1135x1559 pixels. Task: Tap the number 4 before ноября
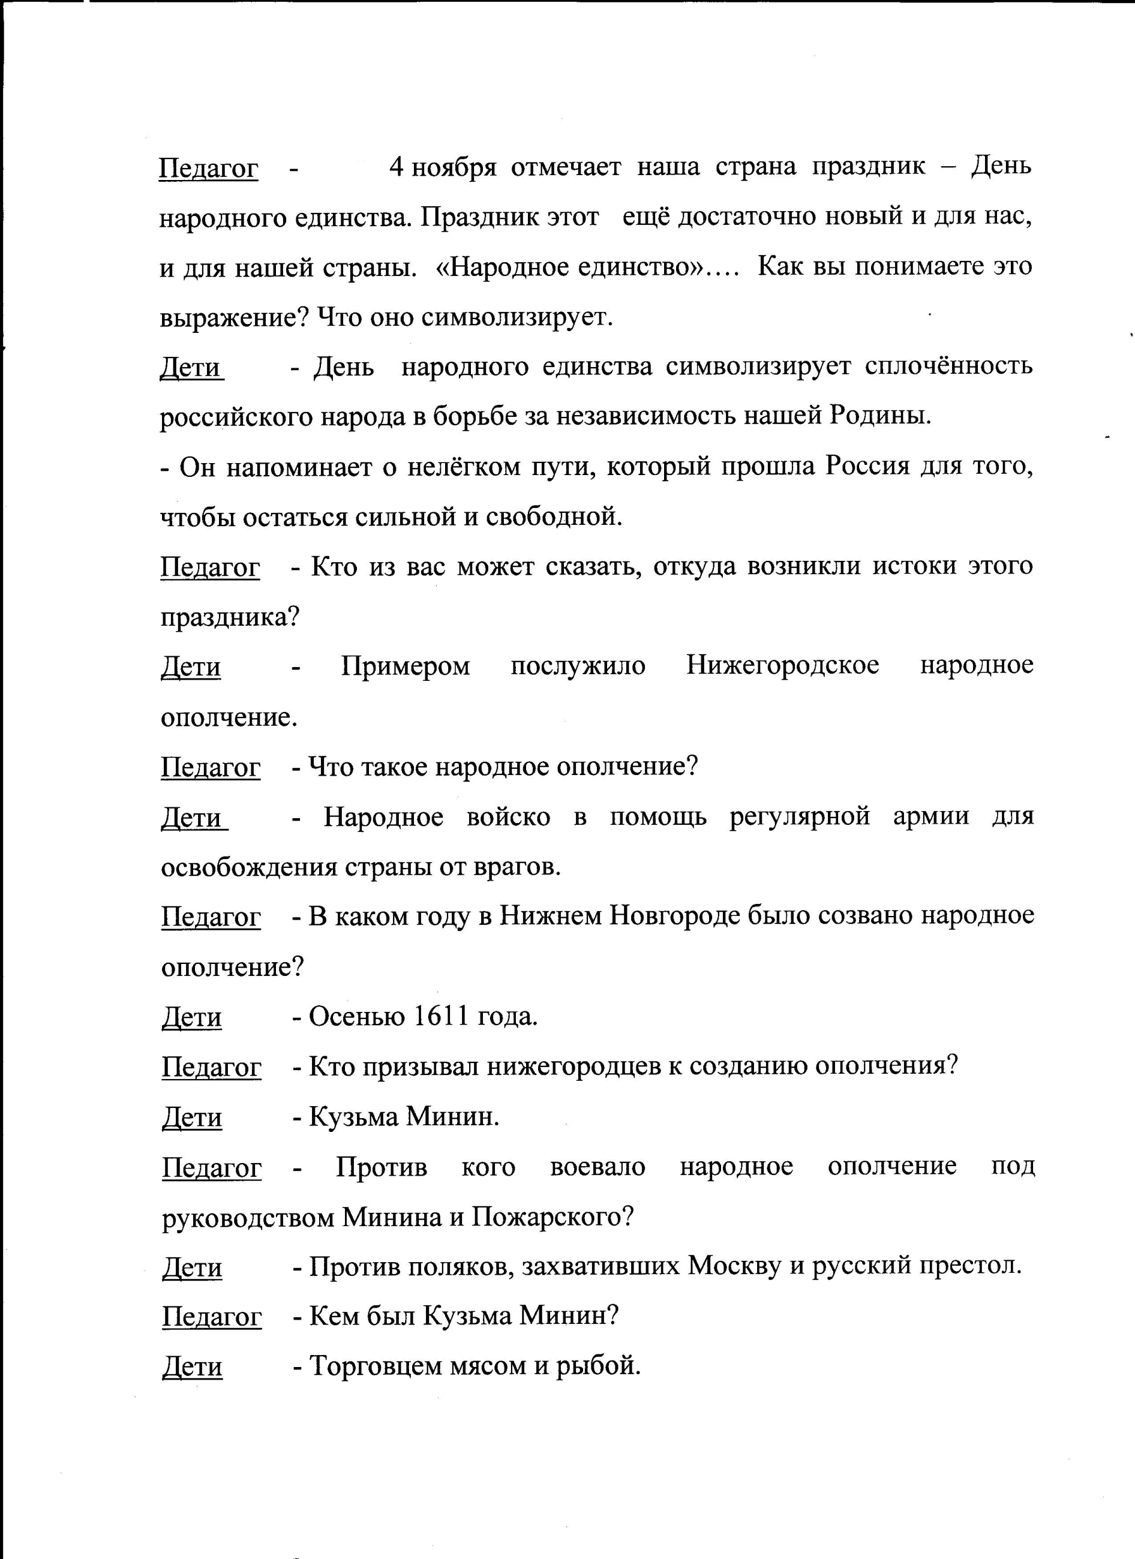click(x=396, y=167)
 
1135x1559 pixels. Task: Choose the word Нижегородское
click(x=782, y=665)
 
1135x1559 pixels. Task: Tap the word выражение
click(x=234, y=317)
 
